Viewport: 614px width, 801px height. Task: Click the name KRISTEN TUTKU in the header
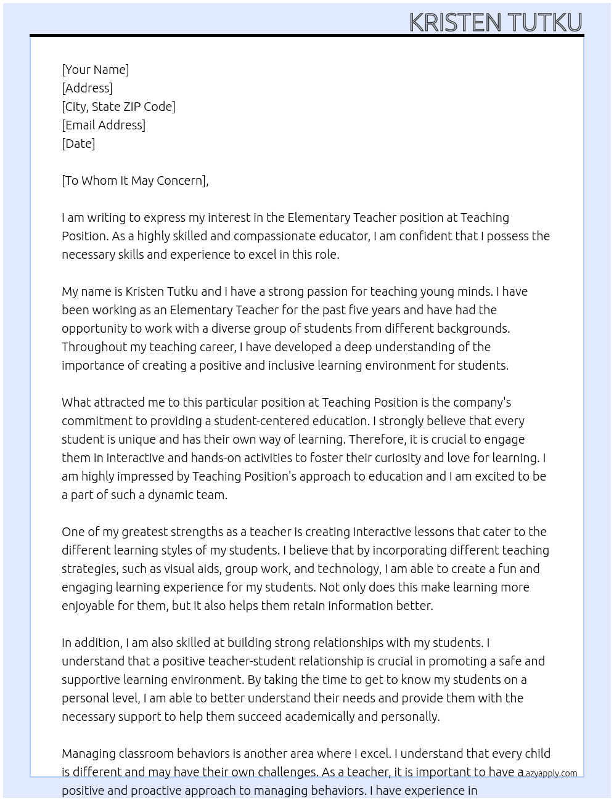(x=495, y=22)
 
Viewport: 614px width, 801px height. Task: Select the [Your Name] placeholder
(x=95, y=70)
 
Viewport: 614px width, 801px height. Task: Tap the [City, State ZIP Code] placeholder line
(x=118, y=107)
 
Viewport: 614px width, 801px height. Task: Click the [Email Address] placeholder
(x=104, y=125)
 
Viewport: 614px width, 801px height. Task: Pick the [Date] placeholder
(x=78, y=144)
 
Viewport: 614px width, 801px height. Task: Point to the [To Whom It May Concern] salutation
(x=134, y=181)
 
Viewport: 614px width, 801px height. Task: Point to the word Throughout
(x=94, y=347)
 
